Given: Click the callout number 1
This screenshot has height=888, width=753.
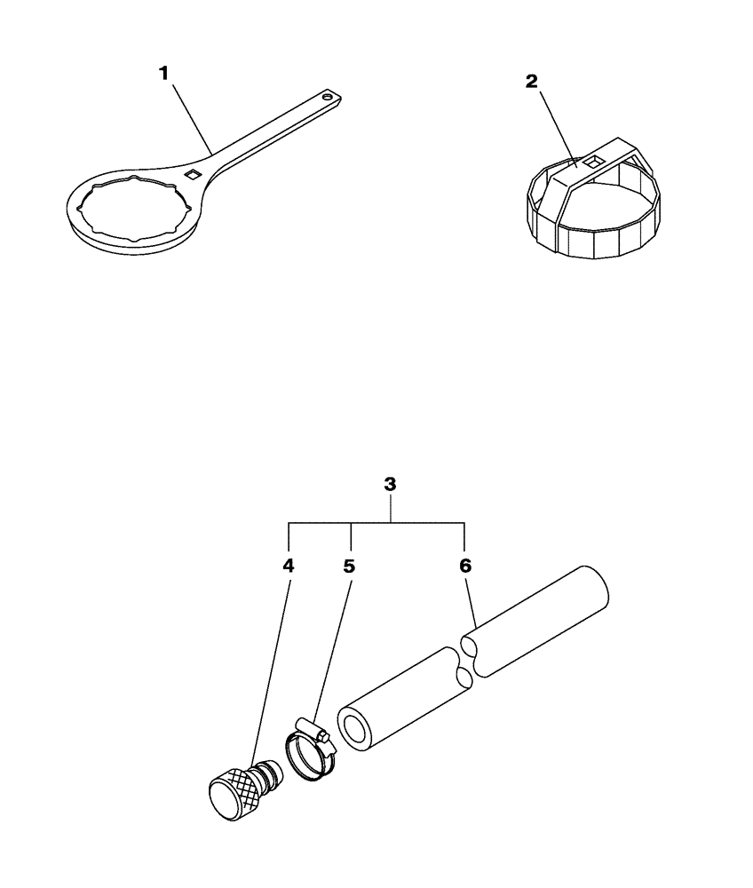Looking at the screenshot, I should click(163, 75).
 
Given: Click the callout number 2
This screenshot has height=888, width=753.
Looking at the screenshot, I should click(531, 81).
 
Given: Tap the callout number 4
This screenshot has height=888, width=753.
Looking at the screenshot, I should click(289, 565).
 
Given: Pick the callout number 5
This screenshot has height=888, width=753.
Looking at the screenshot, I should click(349, 565).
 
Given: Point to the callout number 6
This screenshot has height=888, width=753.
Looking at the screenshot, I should click(465, 565).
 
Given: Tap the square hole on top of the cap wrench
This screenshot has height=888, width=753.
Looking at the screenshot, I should click(592, 161).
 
